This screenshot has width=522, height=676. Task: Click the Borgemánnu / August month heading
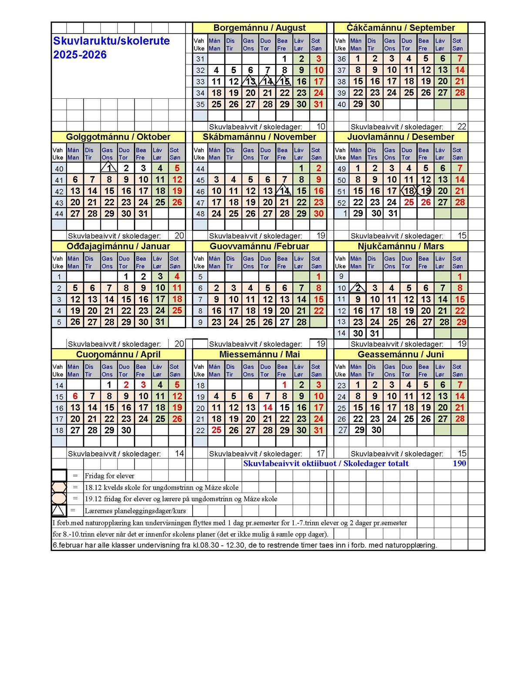coord(259,28)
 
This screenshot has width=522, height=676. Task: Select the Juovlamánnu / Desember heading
coord(401,137)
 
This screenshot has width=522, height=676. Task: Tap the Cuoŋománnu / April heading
coord(118,354)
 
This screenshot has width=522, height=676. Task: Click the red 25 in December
coord(408,202)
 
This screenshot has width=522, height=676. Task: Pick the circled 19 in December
coord(425,191)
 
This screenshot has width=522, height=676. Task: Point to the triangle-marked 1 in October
coord(109,168)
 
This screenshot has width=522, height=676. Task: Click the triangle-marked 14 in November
coord(284,191)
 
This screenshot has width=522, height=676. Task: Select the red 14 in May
coord(268,407)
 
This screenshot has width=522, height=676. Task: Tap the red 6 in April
coord(75,396)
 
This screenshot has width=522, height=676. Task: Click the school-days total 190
coord(459,464)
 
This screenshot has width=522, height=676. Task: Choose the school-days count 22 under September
coord(462,127)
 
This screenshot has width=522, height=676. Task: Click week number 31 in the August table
coord(200,59)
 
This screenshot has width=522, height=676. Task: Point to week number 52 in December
coord(341,203)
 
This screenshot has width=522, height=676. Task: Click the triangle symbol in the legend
coord(59,510)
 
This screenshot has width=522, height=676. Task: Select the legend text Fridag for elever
coord(110,476)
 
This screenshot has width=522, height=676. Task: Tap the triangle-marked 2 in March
coord(358,288)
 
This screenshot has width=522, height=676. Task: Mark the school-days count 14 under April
coord(179,454)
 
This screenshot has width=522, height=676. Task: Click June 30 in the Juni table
coord(376,430)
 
